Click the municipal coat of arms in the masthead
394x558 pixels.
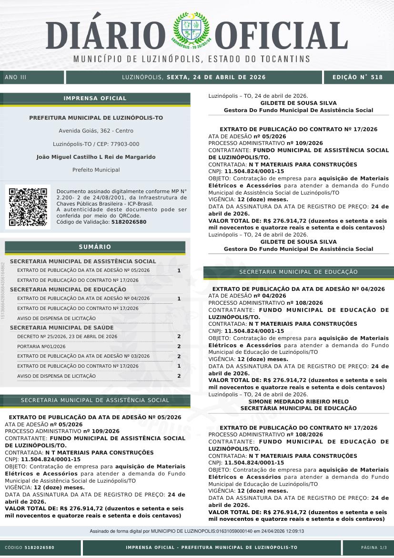[191, 31]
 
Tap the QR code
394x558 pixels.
[28, 207]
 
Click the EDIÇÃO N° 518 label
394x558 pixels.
[357, 77]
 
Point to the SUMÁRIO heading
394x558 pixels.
[95, 247]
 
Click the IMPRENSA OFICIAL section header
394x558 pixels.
[95, 98]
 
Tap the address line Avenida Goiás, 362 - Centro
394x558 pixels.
[96, 131]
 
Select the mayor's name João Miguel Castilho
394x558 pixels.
[96, 157]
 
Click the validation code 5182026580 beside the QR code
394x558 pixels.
[129, 222]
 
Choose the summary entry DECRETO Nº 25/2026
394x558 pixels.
[67, 337]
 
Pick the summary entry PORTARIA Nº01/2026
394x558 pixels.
[41, 346]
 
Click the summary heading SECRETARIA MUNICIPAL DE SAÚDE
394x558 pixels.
[61, 328]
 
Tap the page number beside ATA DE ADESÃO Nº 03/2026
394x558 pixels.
[179, 356]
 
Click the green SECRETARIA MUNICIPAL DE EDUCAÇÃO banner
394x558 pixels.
[298, 272]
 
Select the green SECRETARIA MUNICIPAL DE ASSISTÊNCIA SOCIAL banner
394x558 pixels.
[95, 400]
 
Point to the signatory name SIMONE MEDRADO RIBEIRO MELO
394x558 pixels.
[298, 402]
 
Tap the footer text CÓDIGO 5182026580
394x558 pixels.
[30, 548]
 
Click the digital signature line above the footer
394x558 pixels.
[197, 531]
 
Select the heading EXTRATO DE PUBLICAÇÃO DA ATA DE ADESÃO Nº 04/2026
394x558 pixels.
[298, 289]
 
